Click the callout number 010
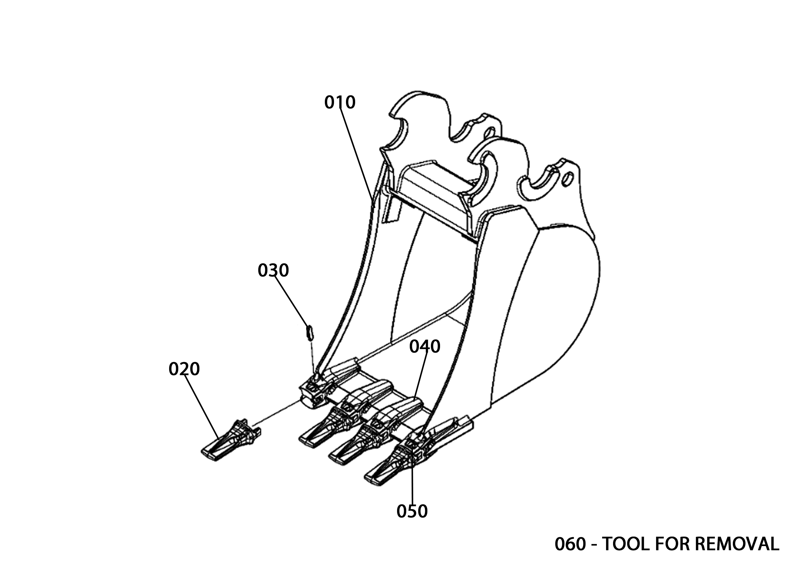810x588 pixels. (x=340, y=103)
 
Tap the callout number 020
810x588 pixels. (x=184, y=369)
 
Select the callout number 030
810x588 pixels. (x=273, y=271)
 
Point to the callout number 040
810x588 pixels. (x=425, y=346)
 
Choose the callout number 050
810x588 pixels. (x=412, y=512)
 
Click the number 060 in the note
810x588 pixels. (x=570, y=544)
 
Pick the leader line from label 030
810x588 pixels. (x=291, y=301)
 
